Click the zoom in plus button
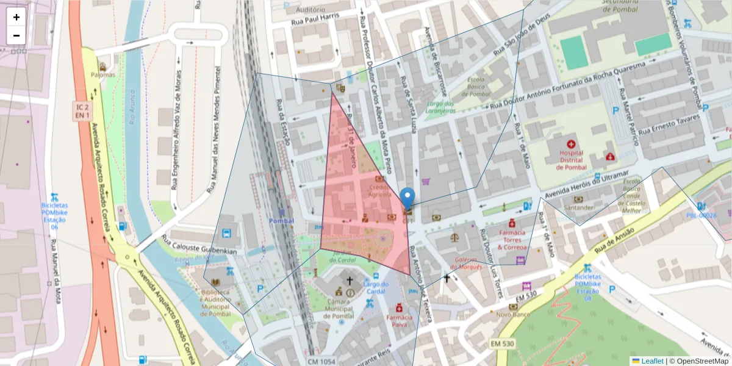click(16, 17)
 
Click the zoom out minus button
click(16, 35)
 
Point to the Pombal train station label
click(281, 221)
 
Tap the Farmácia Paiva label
click(400, 321)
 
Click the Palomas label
click(102, 74)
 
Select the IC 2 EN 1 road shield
click(83, 111)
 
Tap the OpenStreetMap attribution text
click(698, 361)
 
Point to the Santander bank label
click(579, 207)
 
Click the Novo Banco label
click(512, 315)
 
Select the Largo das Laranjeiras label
click(441, 107)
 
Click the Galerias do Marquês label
click(467, 262)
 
